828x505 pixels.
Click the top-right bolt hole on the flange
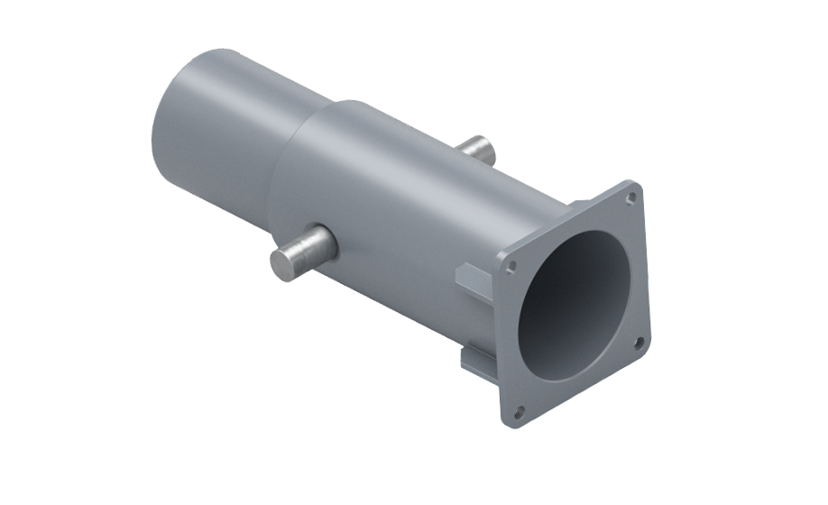click(x=631, y=196)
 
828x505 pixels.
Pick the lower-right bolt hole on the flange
click(x=639, y=342)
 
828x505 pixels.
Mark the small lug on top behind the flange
click(x=577, y=205)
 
